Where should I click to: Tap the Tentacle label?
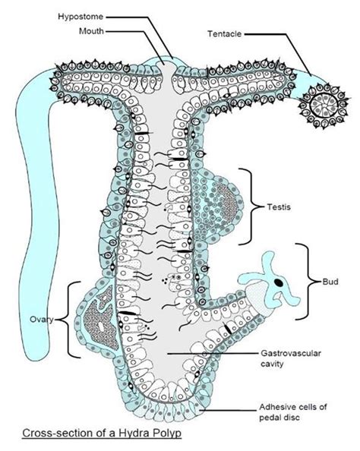coord(226,33)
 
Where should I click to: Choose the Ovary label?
coord(40,319)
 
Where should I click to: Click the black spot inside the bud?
coord(279,282)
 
